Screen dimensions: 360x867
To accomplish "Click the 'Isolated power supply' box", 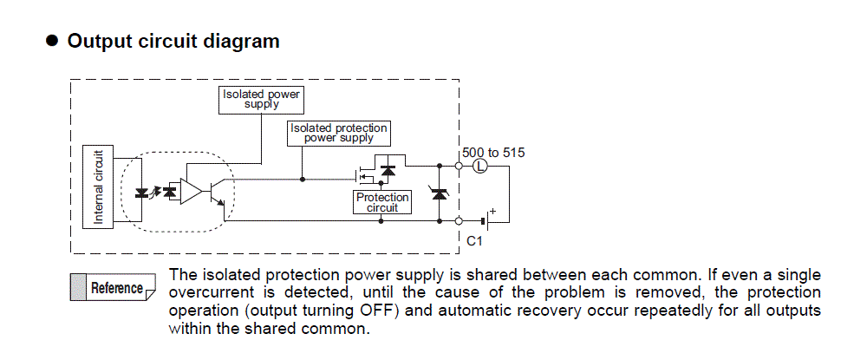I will tap(262, 99).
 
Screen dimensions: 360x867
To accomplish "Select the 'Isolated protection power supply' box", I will tap(339, 133).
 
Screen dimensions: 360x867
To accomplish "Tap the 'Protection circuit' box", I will tap(382, 202).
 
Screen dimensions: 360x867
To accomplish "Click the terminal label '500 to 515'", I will tap(493, 152).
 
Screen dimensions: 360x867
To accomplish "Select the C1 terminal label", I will tap(474, 240).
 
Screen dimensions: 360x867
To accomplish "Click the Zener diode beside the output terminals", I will tap(439, 194).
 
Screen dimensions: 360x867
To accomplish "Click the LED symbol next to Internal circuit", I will tap(142, 191).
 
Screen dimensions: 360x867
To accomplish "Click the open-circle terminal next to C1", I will tap(458, 221).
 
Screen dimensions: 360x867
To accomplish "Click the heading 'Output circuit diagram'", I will tap(173, 41).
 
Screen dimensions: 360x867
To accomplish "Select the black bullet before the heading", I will tap(51, 41).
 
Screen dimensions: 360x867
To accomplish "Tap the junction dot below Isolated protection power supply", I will tap(302, 180).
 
